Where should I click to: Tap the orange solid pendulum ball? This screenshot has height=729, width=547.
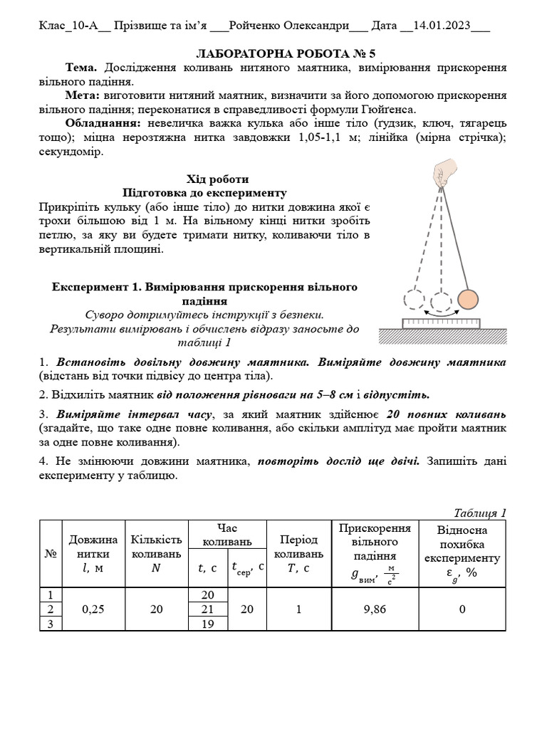click(x=467, y=300)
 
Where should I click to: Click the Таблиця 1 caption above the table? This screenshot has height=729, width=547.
click(x=479, y=513)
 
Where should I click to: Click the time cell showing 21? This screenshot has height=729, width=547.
click(x=208, y=609)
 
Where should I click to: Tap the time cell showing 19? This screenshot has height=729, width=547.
click(x=208, y=623)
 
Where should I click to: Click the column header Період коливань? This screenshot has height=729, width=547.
click(x=298, y=553)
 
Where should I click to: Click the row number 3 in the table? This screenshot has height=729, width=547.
click(x=50, y=623)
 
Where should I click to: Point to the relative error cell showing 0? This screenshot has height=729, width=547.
click(x=462, y=609)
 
